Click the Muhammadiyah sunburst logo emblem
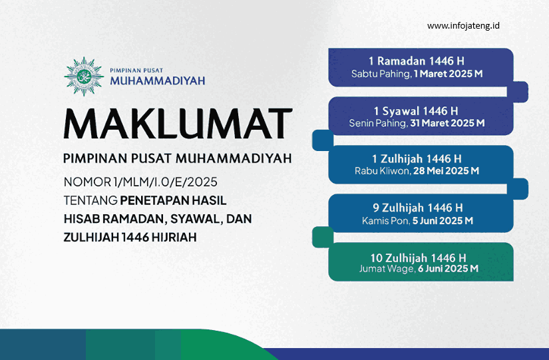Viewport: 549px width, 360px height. [x=83, y=77]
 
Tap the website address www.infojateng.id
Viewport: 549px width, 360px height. [x=463, y=26]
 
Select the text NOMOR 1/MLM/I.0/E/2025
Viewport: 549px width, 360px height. [x=140, y=182]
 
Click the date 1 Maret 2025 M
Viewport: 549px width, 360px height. [x=448, y=74]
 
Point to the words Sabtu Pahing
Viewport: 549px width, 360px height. [x=381, y=74]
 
